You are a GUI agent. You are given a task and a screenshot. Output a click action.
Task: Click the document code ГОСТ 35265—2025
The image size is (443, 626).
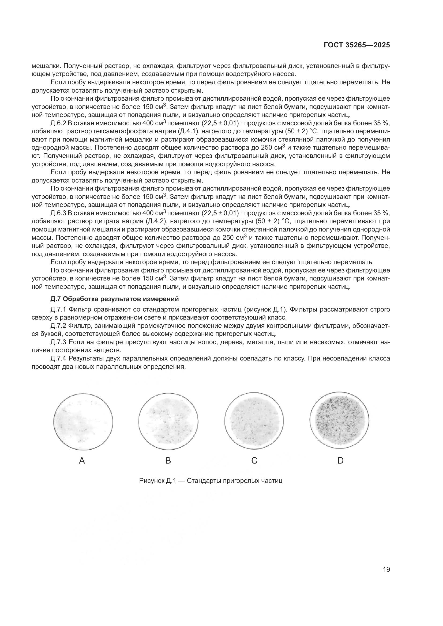356,45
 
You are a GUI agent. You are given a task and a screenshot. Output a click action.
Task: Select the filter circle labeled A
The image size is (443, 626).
83,421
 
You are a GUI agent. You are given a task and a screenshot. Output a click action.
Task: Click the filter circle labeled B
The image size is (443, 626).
168,421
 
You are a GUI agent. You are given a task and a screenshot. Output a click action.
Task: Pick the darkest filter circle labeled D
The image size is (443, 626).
339,421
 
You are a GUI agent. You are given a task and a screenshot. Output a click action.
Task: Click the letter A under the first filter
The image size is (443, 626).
82,461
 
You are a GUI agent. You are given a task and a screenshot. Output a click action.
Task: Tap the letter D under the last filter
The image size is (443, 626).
340,461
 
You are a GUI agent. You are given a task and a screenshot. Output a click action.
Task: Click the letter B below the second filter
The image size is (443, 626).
168,461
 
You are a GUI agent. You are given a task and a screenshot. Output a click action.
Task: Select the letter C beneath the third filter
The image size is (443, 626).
254,461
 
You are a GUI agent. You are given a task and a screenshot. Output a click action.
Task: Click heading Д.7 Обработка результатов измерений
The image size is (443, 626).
115,299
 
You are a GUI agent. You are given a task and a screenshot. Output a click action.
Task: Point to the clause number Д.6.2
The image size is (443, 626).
58,123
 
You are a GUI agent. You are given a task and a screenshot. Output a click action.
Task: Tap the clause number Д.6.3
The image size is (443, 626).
58,213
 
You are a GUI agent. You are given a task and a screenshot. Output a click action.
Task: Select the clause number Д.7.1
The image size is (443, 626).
58,309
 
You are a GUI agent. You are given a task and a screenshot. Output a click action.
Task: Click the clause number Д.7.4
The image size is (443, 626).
58,358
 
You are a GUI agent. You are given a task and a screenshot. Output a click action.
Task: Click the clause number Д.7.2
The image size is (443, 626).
58,326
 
